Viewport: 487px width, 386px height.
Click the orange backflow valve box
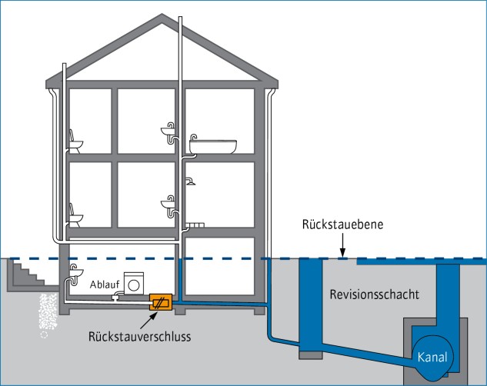point(160,303)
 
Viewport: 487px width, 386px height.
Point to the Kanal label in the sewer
point(432,356)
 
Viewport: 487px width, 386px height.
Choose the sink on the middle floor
point(170,202)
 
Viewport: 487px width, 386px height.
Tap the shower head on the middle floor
point(189,182)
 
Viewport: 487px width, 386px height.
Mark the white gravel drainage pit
point(48,315)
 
